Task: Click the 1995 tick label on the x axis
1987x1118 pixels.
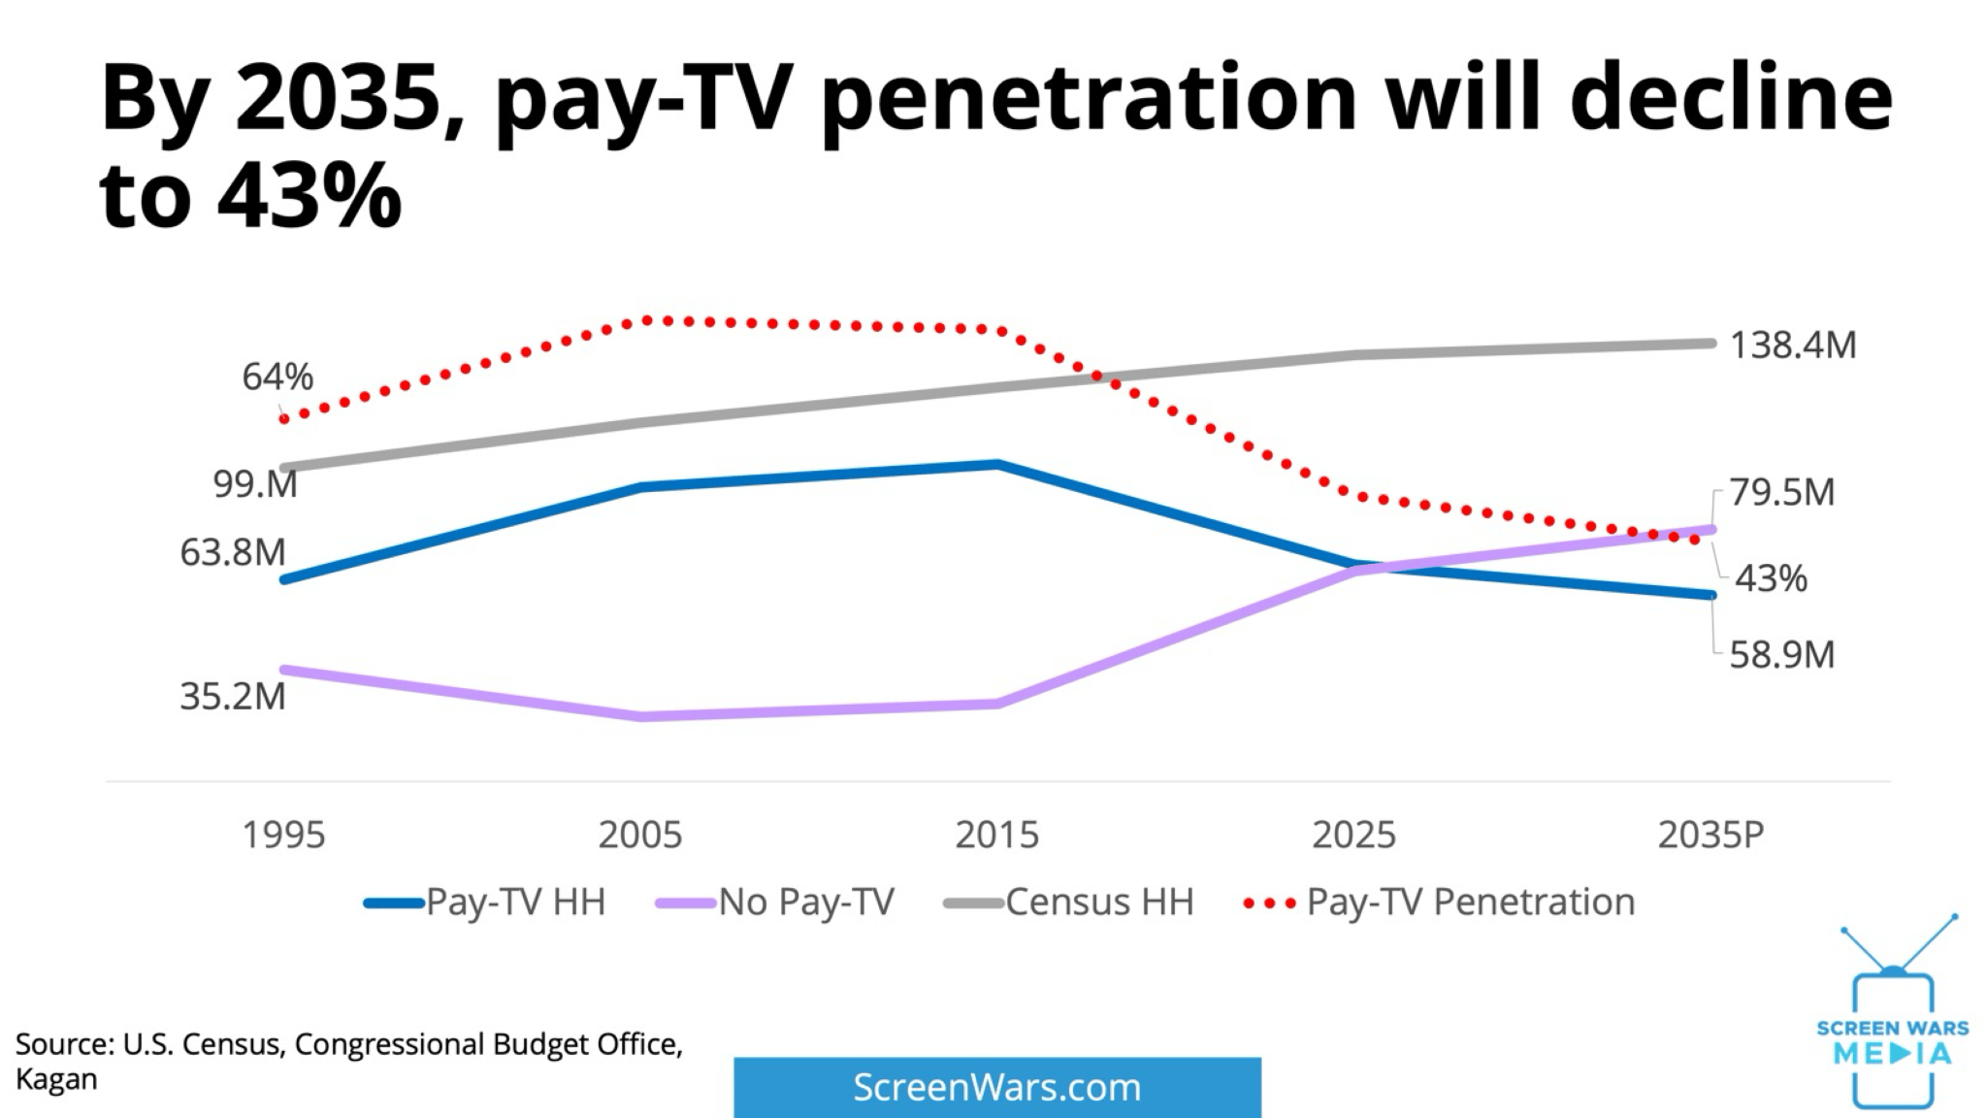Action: [x=283, y=835]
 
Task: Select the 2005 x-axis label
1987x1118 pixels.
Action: [x=640, y=835]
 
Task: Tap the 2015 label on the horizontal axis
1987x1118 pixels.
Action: [x=996, y=835]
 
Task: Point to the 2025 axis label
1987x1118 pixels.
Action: [x=1353, y=835]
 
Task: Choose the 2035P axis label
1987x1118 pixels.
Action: [x=1710, y=835]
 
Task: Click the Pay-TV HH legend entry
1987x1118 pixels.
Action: [x=485, y=903]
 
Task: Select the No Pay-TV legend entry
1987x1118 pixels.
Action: [x=774, y=903]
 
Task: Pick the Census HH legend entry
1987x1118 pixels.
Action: [x=1068, y=903]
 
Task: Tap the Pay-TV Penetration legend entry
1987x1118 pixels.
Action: [x=1439, y=903]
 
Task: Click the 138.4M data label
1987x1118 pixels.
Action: [x=1793, y=345]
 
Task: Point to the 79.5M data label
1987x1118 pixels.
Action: [x=1782, y=492]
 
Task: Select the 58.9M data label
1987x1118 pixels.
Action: [x=1782, y=654]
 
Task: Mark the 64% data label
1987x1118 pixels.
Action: [x=277, y=377]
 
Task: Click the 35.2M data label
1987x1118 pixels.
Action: [x=233, y=696]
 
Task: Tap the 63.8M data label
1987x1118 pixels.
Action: [x=233, y=552]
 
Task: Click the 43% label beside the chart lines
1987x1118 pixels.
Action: [x=1771, y=578]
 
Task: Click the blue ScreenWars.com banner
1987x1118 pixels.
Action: [x=997, y=1087]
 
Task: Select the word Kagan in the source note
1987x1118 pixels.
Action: [x=56, y=1080]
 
